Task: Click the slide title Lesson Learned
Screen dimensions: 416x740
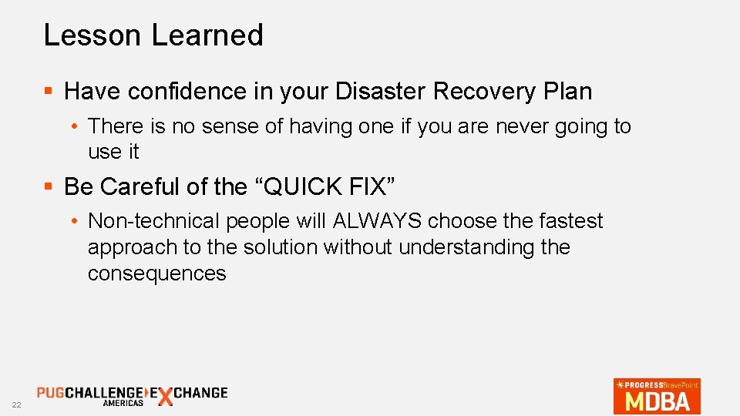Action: coord(153,35)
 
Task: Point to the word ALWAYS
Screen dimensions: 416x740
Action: coord(378,221)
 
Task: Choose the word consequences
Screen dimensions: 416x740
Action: coord(157,273)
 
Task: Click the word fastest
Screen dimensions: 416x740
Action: coord(567,221)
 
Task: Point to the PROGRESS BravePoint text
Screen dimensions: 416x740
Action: coord(658,384)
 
